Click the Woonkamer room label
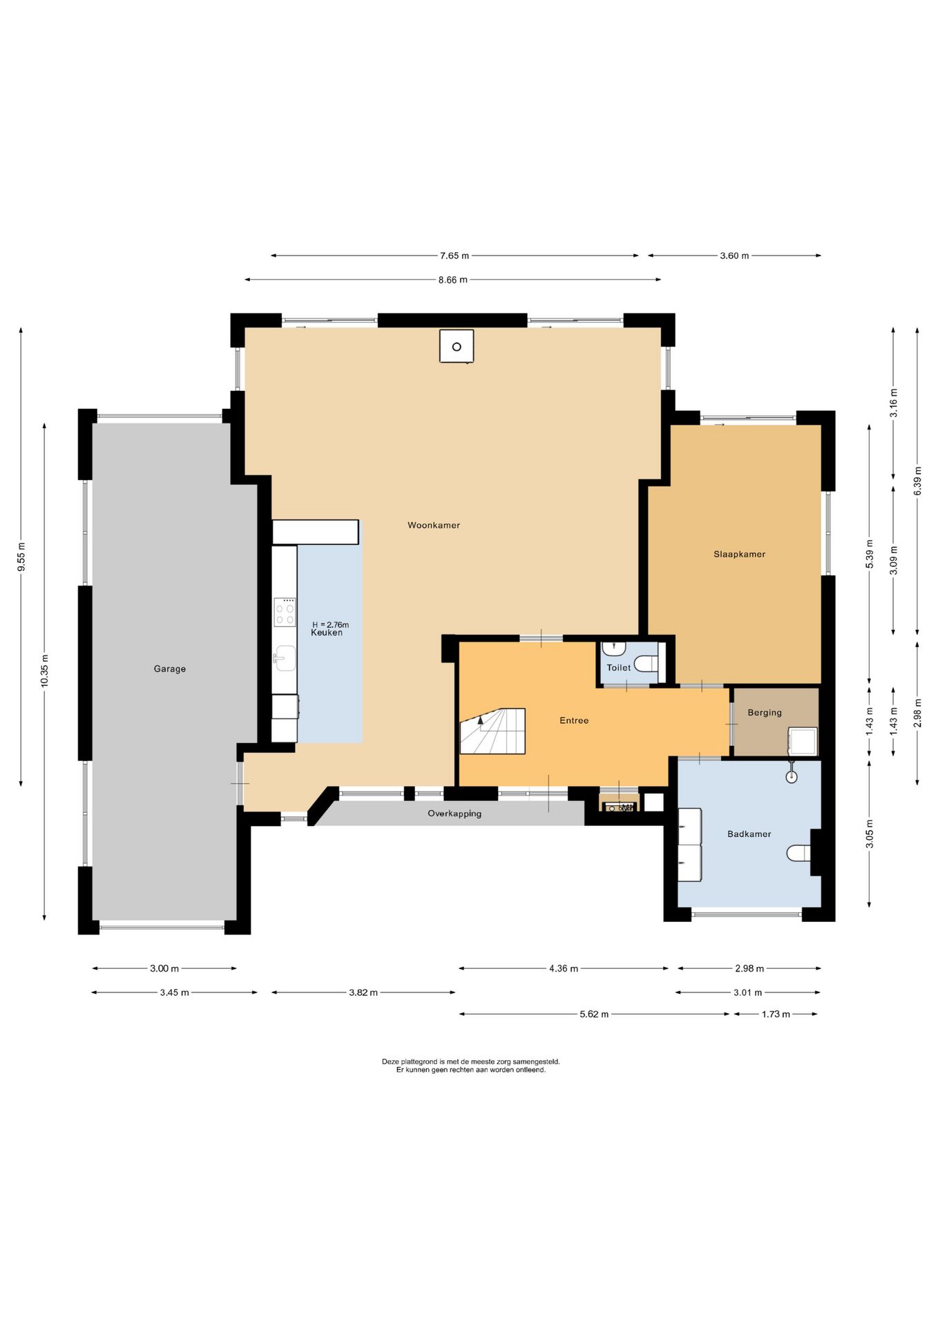point(433,526)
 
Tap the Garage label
point(169,669)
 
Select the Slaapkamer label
point(739,554)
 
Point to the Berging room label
point(764,713)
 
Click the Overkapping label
point(454,814)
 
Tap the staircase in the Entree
point(492,731)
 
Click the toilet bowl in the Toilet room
point(647,664)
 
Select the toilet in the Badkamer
point(799,854)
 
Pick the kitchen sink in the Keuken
point(285,658)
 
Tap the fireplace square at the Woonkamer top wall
point(457,346)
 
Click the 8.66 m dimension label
point(452,280)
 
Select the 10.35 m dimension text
point(44,671)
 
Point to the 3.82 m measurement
point(363,992)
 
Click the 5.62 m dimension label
point(594,1015)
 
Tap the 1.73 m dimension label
point(776,1015)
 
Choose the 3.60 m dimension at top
point(734,256)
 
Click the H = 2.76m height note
point(330,624)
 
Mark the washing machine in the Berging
point(802,741)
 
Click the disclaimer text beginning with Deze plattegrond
point(470,1066)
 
